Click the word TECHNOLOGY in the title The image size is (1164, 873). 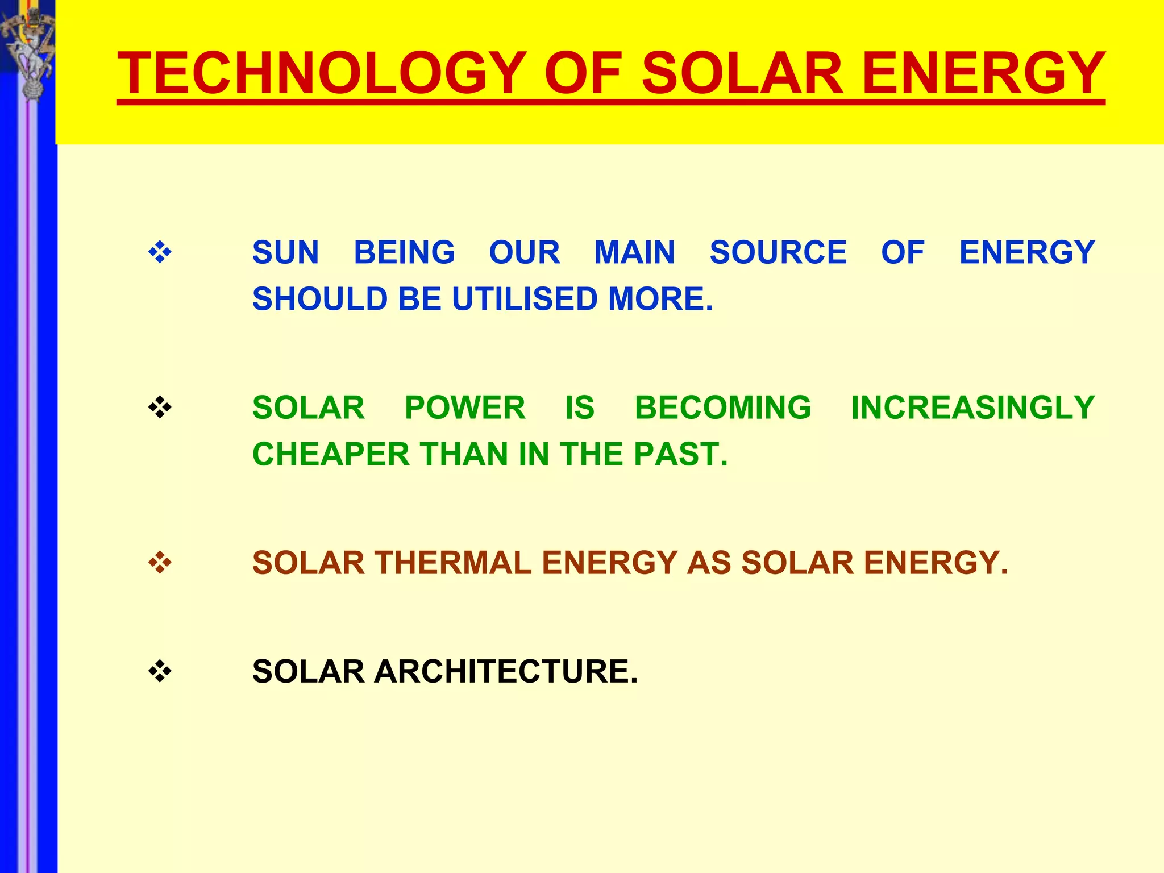point(321,73)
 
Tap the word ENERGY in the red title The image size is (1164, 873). point(983,73)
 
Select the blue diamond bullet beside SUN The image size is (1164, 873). point(160,252)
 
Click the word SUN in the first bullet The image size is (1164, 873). point(285,252)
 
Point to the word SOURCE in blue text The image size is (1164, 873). point(778,252)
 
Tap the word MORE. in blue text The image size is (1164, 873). point(660,299)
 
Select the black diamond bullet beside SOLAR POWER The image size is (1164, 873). point(160,408)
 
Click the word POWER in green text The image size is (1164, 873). point(465,408)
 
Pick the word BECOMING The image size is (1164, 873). point(723,408)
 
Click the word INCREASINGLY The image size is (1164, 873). point(972,408)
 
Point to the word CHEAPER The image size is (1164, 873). point(331,454)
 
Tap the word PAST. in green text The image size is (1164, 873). point(680,454)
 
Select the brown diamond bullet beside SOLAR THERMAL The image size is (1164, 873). point(160,563)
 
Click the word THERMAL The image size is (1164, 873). point(452,563)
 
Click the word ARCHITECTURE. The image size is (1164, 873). point(506,671)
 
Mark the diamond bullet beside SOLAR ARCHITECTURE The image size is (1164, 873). point(160,671)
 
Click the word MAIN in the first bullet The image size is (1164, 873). point(634,252)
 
